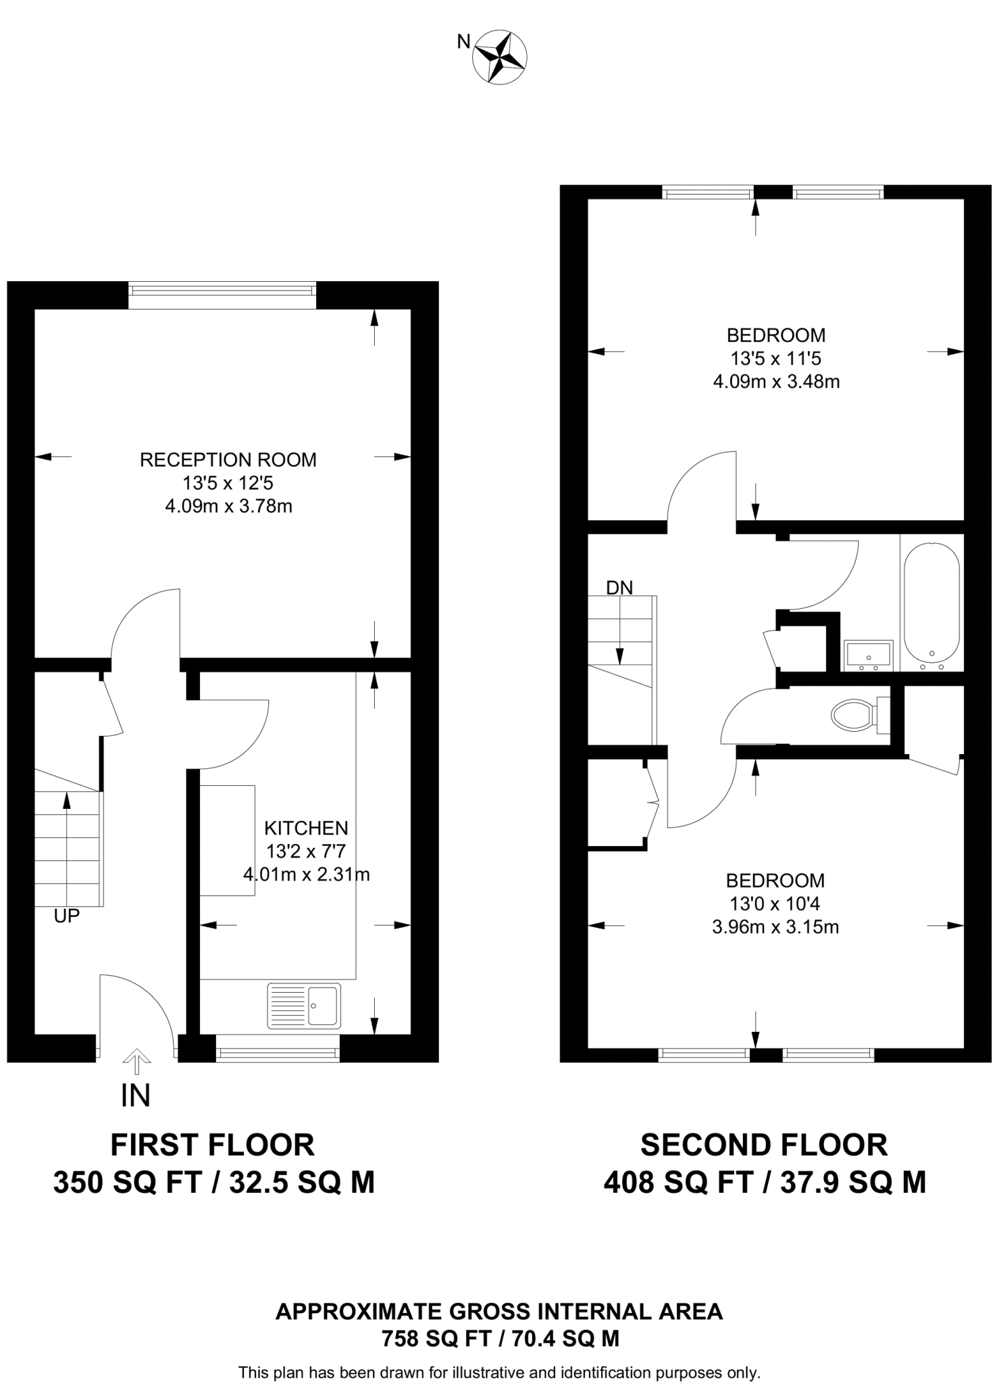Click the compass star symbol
500,57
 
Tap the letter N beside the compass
463,42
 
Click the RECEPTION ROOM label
228,460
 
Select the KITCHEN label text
306,828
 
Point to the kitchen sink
305,1006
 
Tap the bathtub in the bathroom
931,603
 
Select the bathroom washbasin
868,655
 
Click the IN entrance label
136,1096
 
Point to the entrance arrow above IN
136,1061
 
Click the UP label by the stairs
67,916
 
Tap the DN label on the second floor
619,588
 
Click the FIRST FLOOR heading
213,1145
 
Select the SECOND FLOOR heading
764,1145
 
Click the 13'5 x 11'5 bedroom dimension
775,358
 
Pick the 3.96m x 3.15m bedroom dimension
775,926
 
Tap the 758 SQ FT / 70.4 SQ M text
501,1338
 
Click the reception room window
222,291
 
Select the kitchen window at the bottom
277,1053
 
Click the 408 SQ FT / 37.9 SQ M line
765,1183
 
